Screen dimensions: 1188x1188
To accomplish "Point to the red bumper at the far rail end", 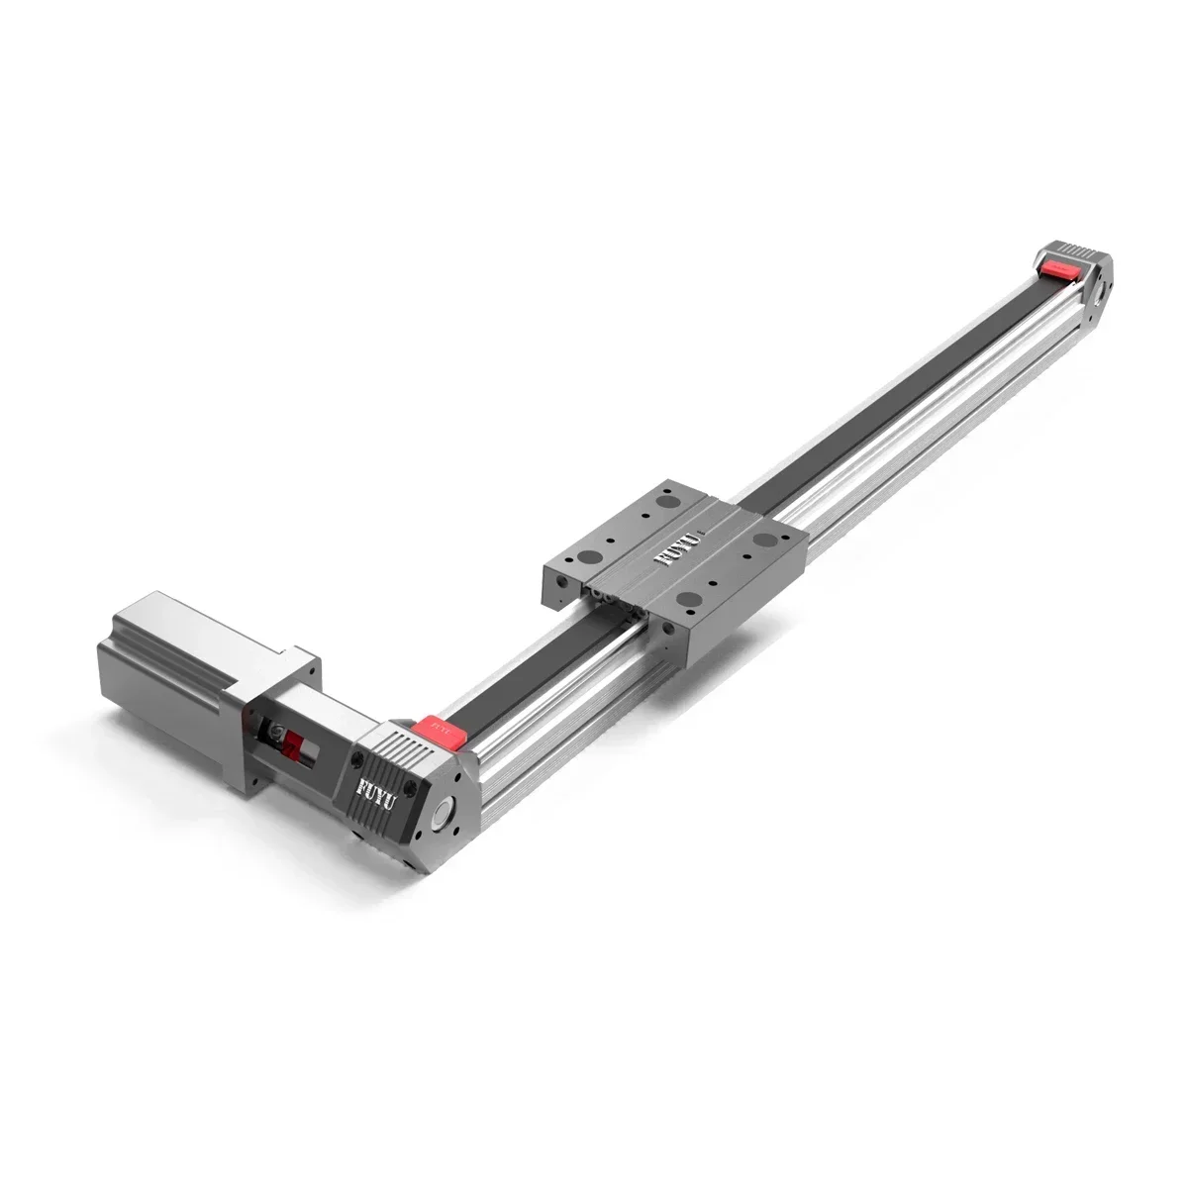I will [1060, 265].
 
